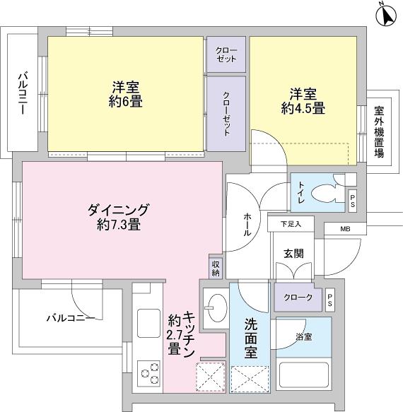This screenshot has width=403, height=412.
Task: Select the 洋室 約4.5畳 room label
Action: coord(303,101)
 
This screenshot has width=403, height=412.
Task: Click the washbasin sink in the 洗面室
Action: coord(216,307)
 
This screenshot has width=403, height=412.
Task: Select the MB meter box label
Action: coord(345,229)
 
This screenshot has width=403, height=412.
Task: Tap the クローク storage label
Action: coord(298,298)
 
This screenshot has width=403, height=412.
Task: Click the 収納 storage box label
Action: coord(215,268)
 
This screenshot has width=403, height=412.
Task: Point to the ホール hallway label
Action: coord(247,225)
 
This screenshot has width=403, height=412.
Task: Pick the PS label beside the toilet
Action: coord(353,201)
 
